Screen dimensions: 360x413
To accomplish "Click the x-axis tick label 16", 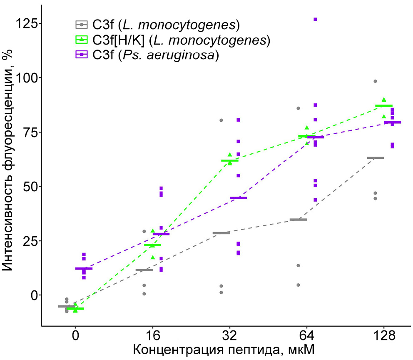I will point(152,335).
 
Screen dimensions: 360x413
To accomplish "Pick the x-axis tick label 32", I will point(230,335).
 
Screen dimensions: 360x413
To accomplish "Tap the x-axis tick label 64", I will point(307,335).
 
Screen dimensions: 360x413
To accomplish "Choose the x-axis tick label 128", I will point(384,335).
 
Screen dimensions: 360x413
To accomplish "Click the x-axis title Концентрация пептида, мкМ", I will point(224,349).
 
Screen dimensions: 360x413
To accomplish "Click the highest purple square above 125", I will point(316,19).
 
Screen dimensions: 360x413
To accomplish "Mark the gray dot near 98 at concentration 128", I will point(375,81).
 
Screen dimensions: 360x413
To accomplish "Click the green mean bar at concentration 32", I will point(230,160).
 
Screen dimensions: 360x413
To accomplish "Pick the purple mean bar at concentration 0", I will point(84,268).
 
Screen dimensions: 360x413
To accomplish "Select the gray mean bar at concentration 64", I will point(298,220).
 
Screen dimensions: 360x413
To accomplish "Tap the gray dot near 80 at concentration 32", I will point(221,120).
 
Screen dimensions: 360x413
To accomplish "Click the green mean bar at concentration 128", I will point(384,106).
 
